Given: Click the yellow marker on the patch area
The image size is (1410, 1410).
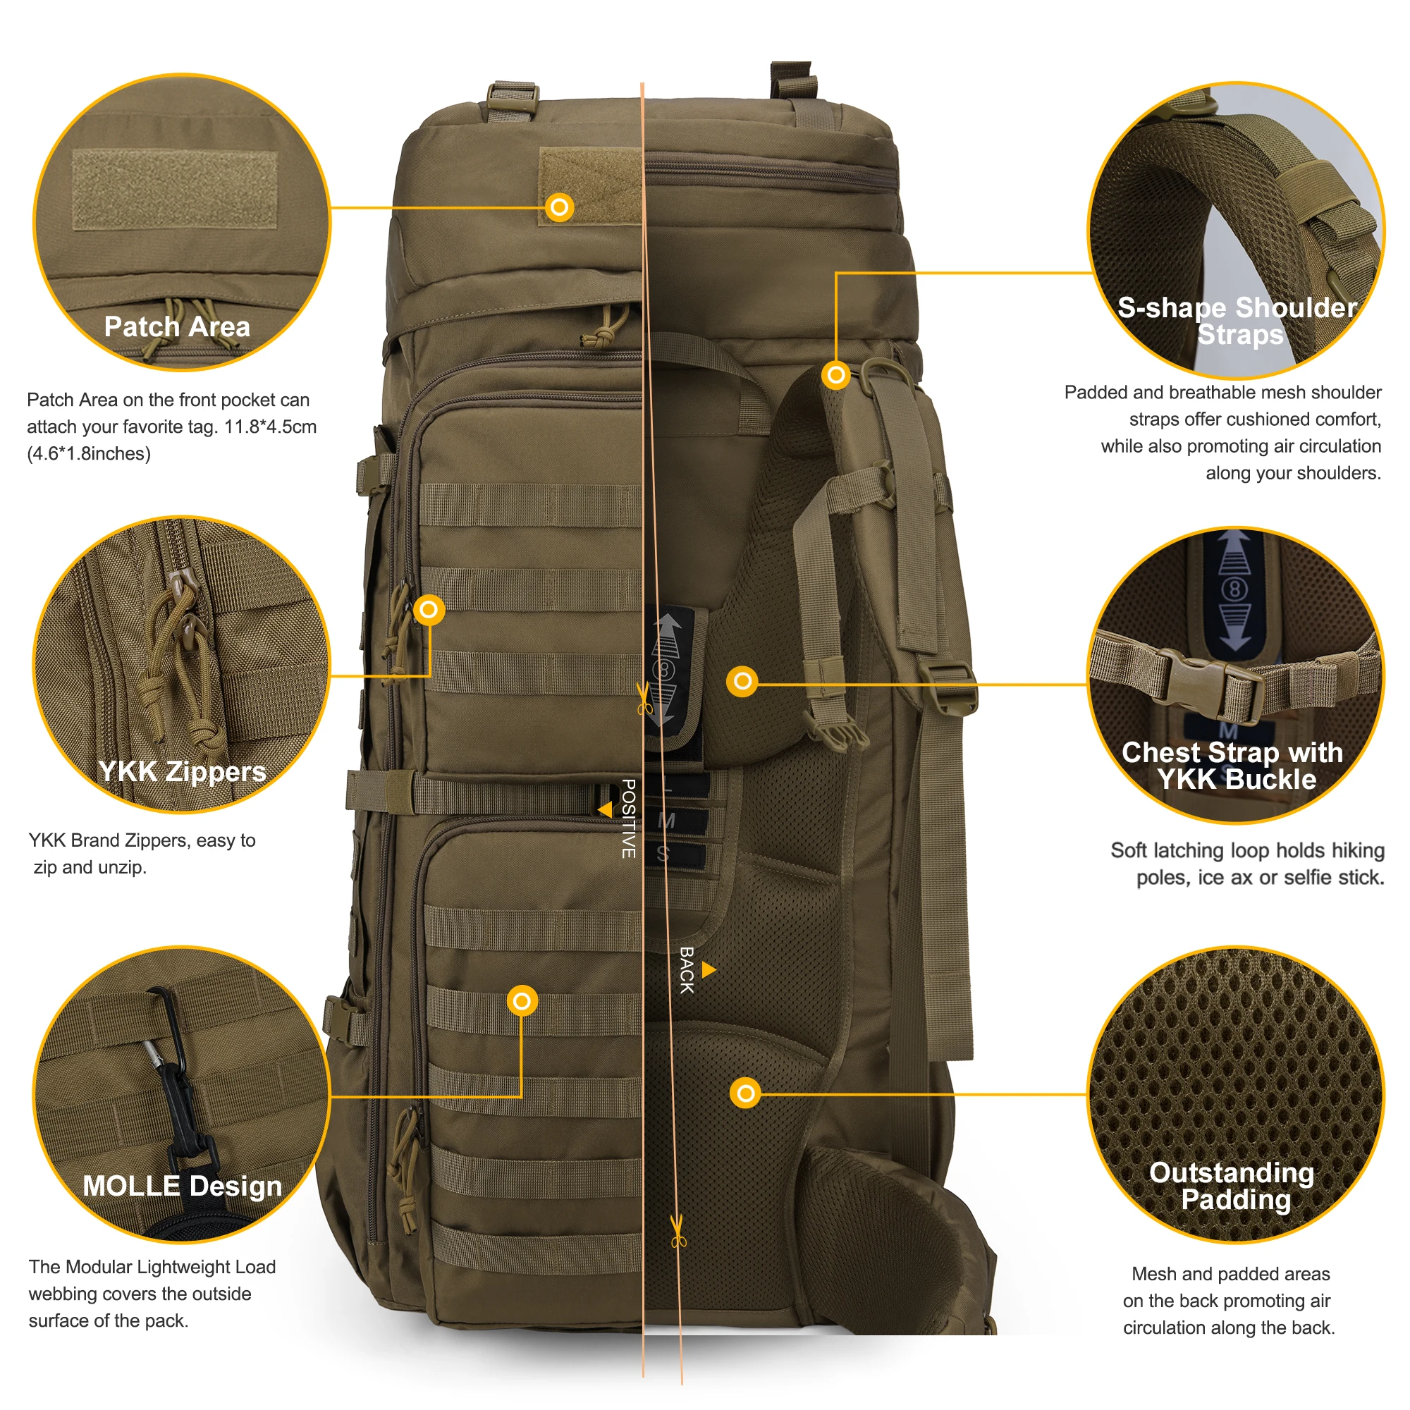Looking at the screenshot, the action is point(560,208).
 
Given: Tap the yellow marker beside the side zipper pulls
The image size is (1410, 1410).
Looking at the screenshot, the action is point(429,609).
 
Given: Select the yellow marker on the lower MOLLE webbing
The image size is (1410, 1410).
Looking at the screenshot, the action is point(522,1001).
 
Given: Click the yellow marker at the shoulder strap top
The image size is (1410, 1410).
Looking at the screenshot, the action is point(836,376).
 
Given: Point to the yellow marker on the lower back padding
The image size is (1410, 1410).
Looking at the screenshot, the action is point(746,1094).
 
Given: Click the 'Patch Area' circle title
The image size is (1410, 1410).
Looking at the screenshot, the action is point(178,327).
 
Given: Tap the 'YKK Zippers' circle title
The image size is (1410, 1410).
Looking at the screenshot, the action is point(183,771).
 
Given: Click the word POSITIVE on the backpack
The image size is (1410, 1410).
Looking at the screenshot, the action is point(628,818).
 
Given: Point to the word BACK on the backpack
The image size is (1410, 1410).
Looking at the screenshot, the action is point(687,971).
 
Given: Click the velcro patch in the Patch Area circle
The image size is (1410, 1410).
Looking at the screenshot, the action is point(175,190).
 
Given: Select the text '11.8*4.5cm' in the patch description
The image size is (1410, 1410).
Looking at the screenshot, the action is point(270,427).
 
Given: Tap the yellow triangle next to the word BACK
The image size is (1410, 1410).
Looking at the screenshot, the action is point(709,970).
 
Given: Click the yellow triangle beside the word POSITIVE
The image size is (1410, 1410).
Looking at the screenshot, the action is point(605,810).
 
